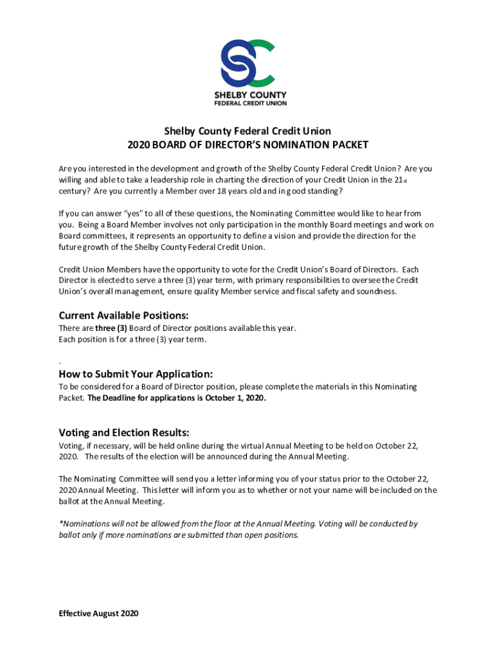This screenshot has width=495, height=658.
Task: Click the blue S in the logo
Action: tap(235, 63)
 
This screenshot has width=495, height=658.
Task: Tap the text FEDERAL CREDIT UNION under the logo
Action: tap(250, 103)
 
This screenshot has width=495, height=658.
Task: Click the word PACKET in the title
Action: tap(346, 145)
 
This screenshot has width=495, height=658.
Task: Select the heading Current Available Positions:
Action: tap(123, 316)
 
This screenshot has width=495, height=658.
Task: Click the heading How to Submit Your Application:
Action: tap(136, 374)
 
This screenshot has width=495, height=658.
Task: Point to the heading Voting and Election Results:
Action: tap(124, 432)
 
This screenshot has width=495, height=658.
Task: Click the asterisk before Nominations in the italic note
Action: tap(60, 524)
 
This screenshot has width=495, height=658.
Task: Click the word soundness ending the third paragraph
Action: tap(375, 292)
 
